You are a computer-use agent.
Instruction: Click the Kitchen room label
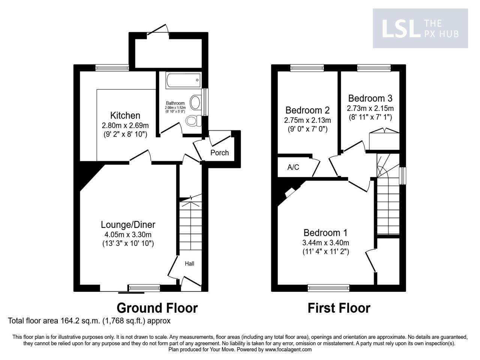point(125,115)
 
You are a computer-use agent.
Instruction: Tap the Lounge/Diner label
point(128,225)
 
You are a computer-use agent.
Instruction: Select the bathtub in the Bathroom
point(181,79)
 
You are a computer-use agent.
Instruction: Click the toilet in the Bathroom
point(192,121)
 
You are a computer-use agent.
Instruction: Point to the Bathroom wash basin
point(195,102)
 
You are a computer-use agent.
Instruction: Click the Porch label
point(219,153)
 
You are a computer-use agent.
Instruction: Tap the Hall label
point(189,264)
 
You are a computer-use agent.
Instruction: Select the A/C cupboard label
point(293,167)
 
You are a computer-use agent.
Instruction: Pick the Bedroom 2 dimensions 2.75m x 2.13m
point(307,120)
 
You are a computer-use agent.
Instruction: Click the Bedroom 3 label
point(370,98)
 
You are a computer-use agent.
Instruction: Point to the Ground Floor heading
point(157,308)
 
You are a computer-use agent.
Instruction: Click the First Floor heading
point(339,308)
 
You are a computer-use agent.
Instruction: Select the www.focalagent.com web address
point(288,349)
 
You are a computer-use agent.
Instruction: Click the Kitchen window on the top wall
point(112,67)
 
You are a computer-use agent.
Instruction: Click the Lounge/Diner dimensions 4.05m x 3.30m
point(128,235)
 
